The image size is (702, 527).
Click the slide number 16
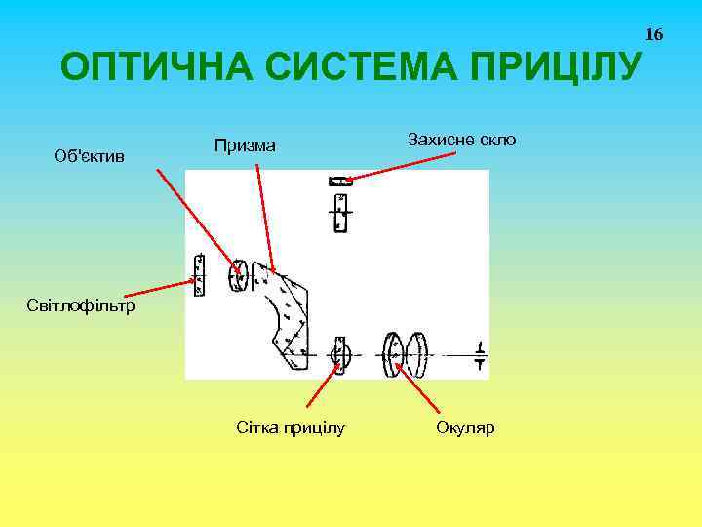654,35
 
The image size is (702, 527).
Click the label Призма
245,145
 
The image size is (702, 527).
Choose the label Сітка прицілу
291,427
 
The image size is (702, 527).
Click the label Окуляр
466,427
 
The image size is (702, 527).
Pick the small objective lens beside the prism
238,276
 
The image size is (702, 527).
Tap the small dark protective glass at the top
339,180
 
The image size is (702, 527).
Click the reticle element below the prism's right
339,354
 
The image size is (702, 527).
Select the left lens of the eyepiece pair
393,354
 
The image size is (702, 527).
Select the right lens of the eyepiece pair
418,354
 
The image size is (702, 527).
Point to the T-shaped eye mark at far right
480,354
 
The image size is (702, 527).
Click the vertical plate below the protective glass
339,213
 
